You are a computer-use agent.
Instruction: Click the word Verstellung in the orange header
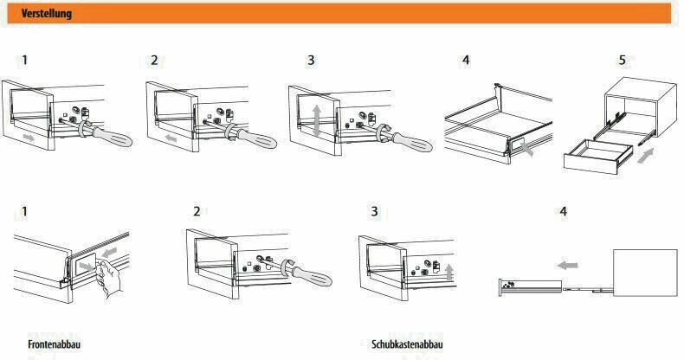[x=47, y=14]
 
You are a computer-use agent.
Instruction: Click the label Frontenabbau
[x=54, y=344]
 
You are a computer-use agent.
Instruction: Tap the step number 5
[x=622, y=61]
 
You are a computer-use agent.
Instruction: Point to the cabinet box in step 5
[x=637, y=104]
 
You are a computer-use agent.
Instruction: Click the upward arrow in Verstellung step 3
[x=317, y=117]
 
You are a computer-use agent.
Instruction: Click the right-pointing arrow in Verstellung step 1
[x=29, y=138]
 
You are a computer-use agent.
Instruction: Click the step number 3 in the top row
[x=311, y=61]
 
